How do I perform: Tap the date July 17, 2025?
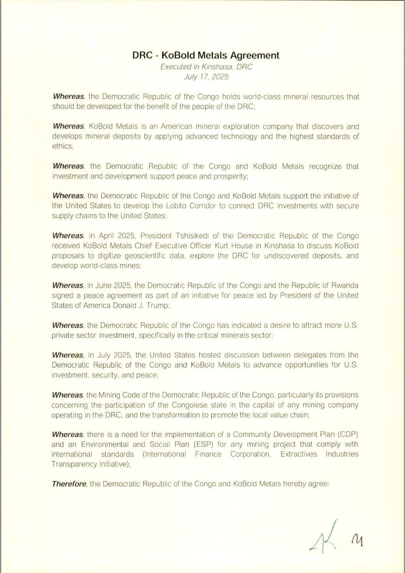pyautogui.click(x=206, y=77)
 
